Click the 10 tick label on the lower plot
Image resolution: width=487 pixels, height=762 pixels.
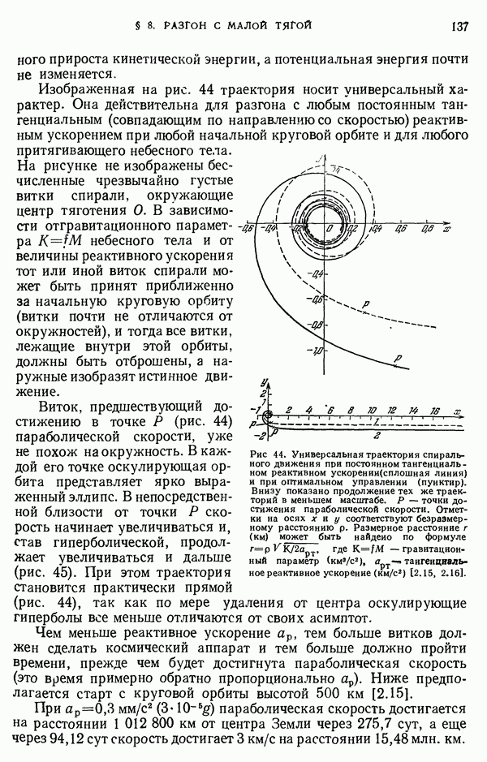click(371, 410)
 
